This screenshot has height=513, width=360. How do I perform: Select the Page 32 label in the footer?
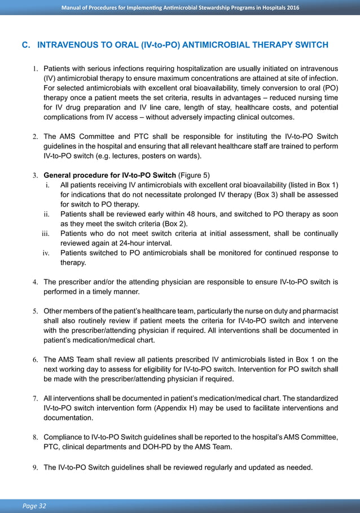(x=35, y=506)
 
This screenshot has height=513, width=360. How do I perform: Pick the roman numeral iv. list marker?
(x=47, y=253)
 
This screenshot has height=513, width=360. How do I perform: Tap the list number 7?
(x=34, y=398)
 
